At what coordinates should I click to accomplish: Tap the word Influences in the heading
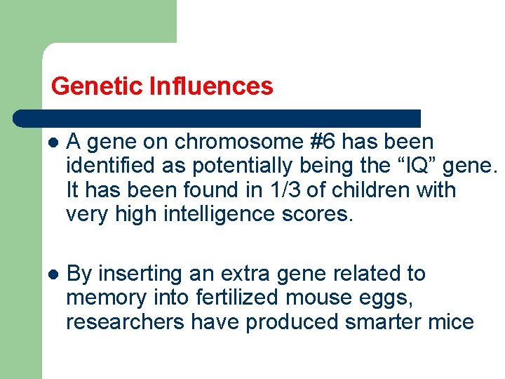point(211,86)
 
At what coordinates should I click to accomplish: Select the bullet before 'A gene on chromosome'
point(51,142)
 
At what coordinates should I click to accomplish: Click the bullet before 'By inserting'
point(51,274)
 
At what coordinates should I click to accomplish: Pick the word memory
point(105,298)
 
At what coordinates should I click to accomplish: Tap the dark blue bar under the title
point(217,118)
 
